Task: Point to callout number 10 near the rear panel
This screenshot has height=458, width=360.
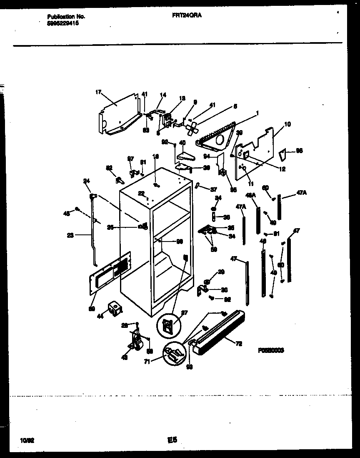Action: point(287,124)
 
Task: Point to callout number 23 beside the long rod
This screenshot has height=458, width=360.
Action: point(70,235)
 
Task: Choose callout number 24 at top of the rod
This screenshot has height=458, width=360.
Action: point(87,181)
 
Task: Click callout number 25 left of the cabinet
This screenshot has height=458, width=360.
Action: point(110,227)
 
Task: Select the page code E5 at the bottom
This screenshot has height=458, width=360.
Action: point(173,440)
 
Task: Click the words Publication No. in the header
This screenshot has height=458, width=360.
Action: point(66,17)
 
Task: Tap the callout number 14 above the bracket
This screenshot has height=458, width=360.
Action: point(162,95)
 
